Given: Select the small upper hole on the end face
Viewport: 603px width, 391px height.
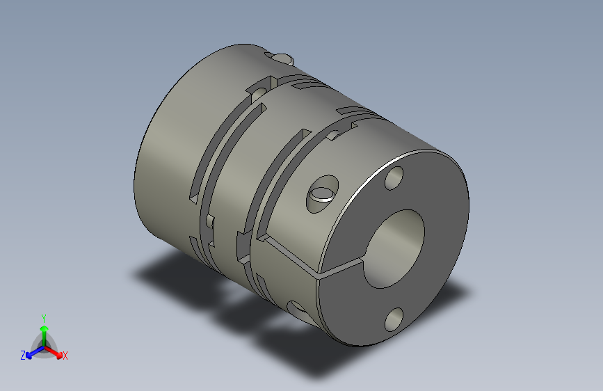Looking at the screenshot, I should (x=394, y=178).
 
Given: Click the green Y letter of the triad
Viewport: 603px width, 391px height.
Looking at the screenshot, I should (x=44, y=317).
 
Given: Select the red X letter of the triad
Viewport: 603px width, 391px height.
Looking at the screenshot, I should (x=65, y=356).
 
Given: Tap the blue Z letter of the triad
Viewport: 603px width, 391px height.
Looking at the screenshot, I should (x=23, y=356).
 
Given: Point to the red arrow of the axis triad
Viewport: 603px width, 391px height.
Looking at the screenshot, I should (x=56, y=351).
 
